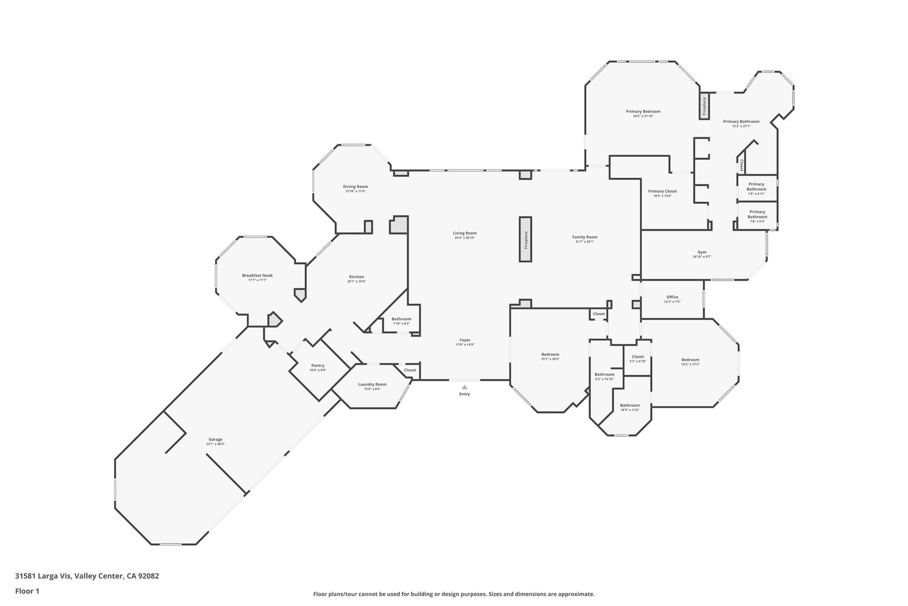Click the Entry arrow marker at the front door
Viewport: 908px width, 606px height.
click(464, 387)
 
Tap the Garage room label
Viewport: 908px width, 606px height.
click(216, 440)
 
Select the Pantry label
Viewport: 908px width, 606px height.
click(318, 365)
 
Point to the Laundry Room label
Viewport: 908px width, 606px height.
click(372, 385)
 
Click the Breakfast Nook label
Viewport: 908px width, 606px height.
click(257, 275)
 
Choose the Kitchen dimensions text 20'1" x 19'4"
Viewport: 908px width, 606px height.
click(356, 282)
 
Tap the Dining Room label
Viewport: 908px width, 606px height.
click(355, 187)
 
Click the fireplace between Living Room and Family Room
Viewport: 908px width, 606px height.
click(526, 239)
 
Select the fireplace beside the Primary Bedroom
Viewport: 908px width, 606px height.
click(704, 106)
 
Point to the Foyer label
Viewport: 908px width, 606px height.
click(465, 340)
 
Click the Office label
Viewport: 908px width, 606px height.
click(672, 297)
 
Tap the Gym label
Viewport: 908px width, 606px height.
click(702, 252)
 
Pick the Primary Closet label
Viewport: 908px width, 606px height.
click(662, 191)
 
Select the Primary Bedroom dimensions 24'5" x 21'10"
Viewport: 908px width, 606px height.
click(643, 116)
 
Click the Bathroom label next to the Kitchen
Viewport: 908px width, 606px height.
click(401, 319)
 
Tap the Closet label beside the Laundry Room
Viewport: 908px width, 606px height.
click(410, 370)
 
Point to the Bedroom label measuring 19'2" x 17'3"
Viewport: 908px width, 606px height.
click(690, 360)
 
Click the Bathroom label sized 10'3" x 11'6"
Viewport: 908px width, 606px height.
click(629, 405)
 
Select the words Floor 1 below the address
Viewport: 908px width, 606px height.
click(27, 591)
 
